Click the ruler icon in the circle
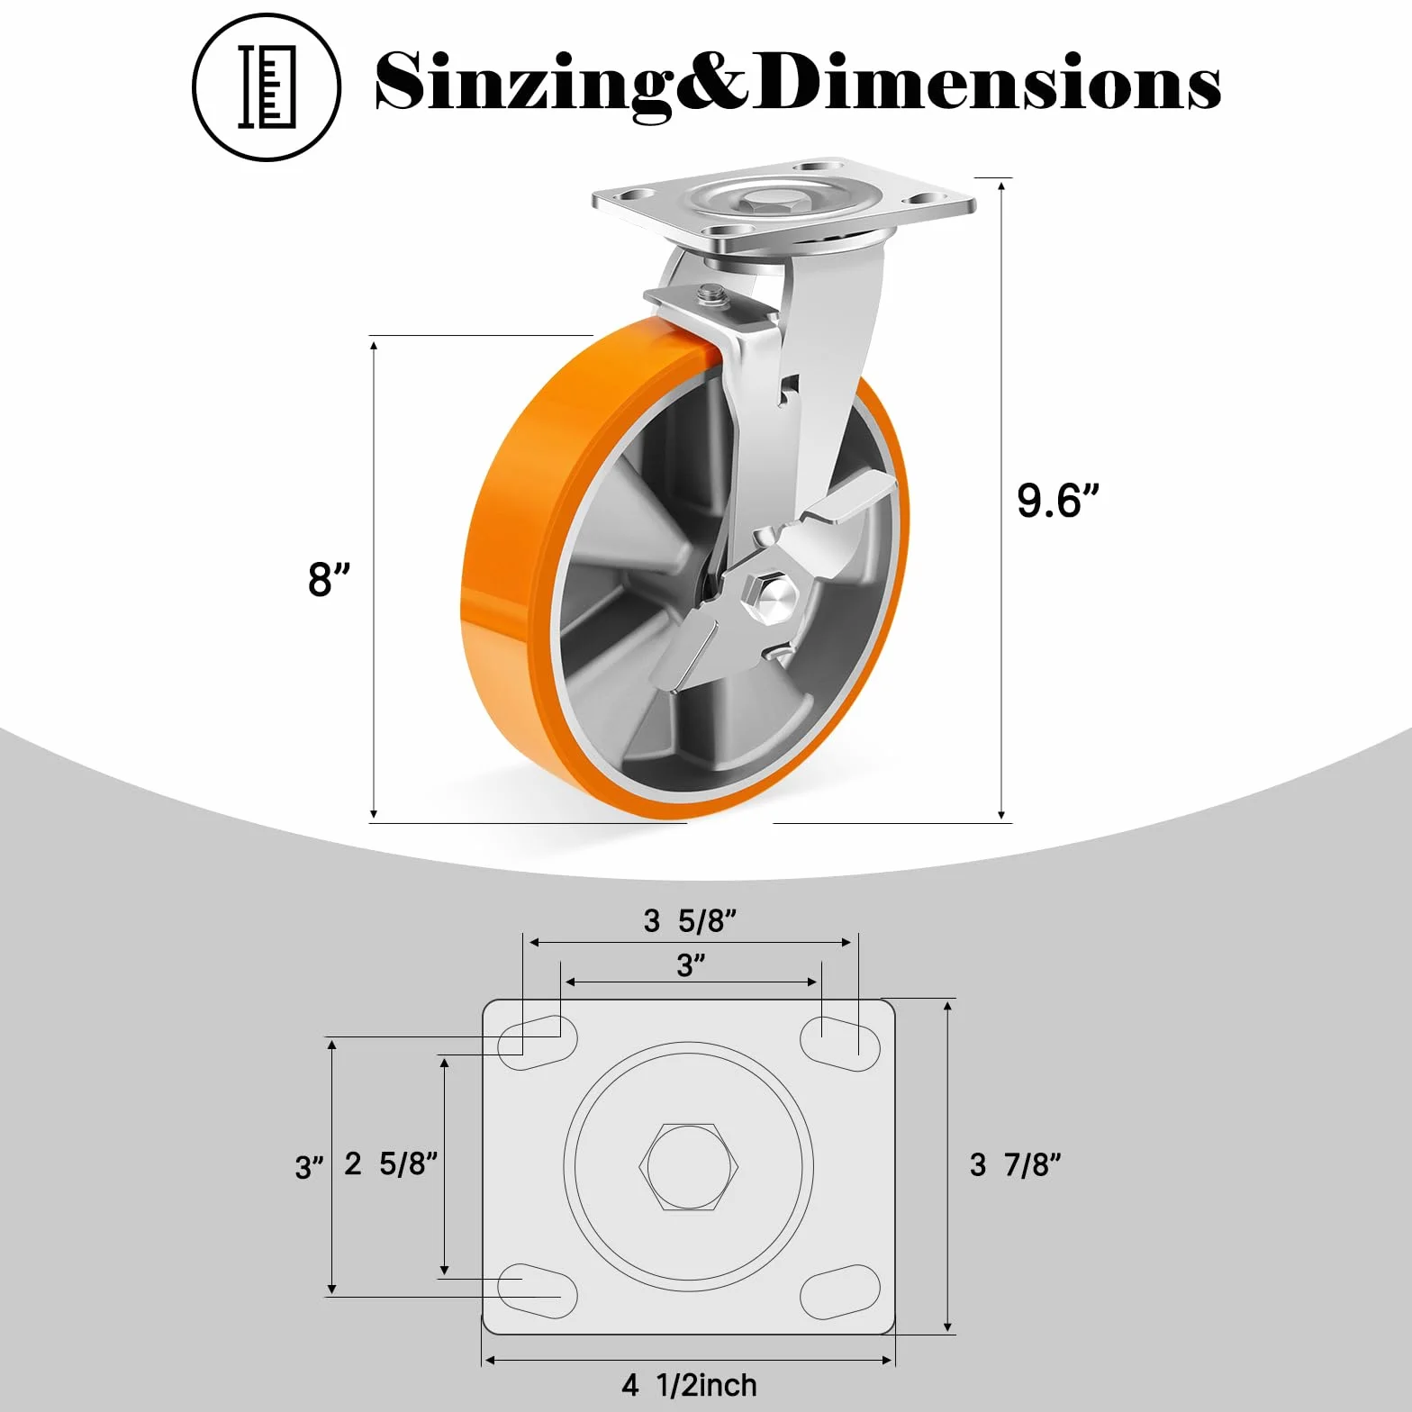[x=267, y=86]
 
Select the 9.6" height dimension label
[x=1058, y=501]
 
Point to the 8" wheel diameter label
[x=329, y=579]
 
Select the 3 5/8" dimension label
[x=690, y=920]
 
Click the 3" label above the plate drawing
[x=691, y=965]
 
